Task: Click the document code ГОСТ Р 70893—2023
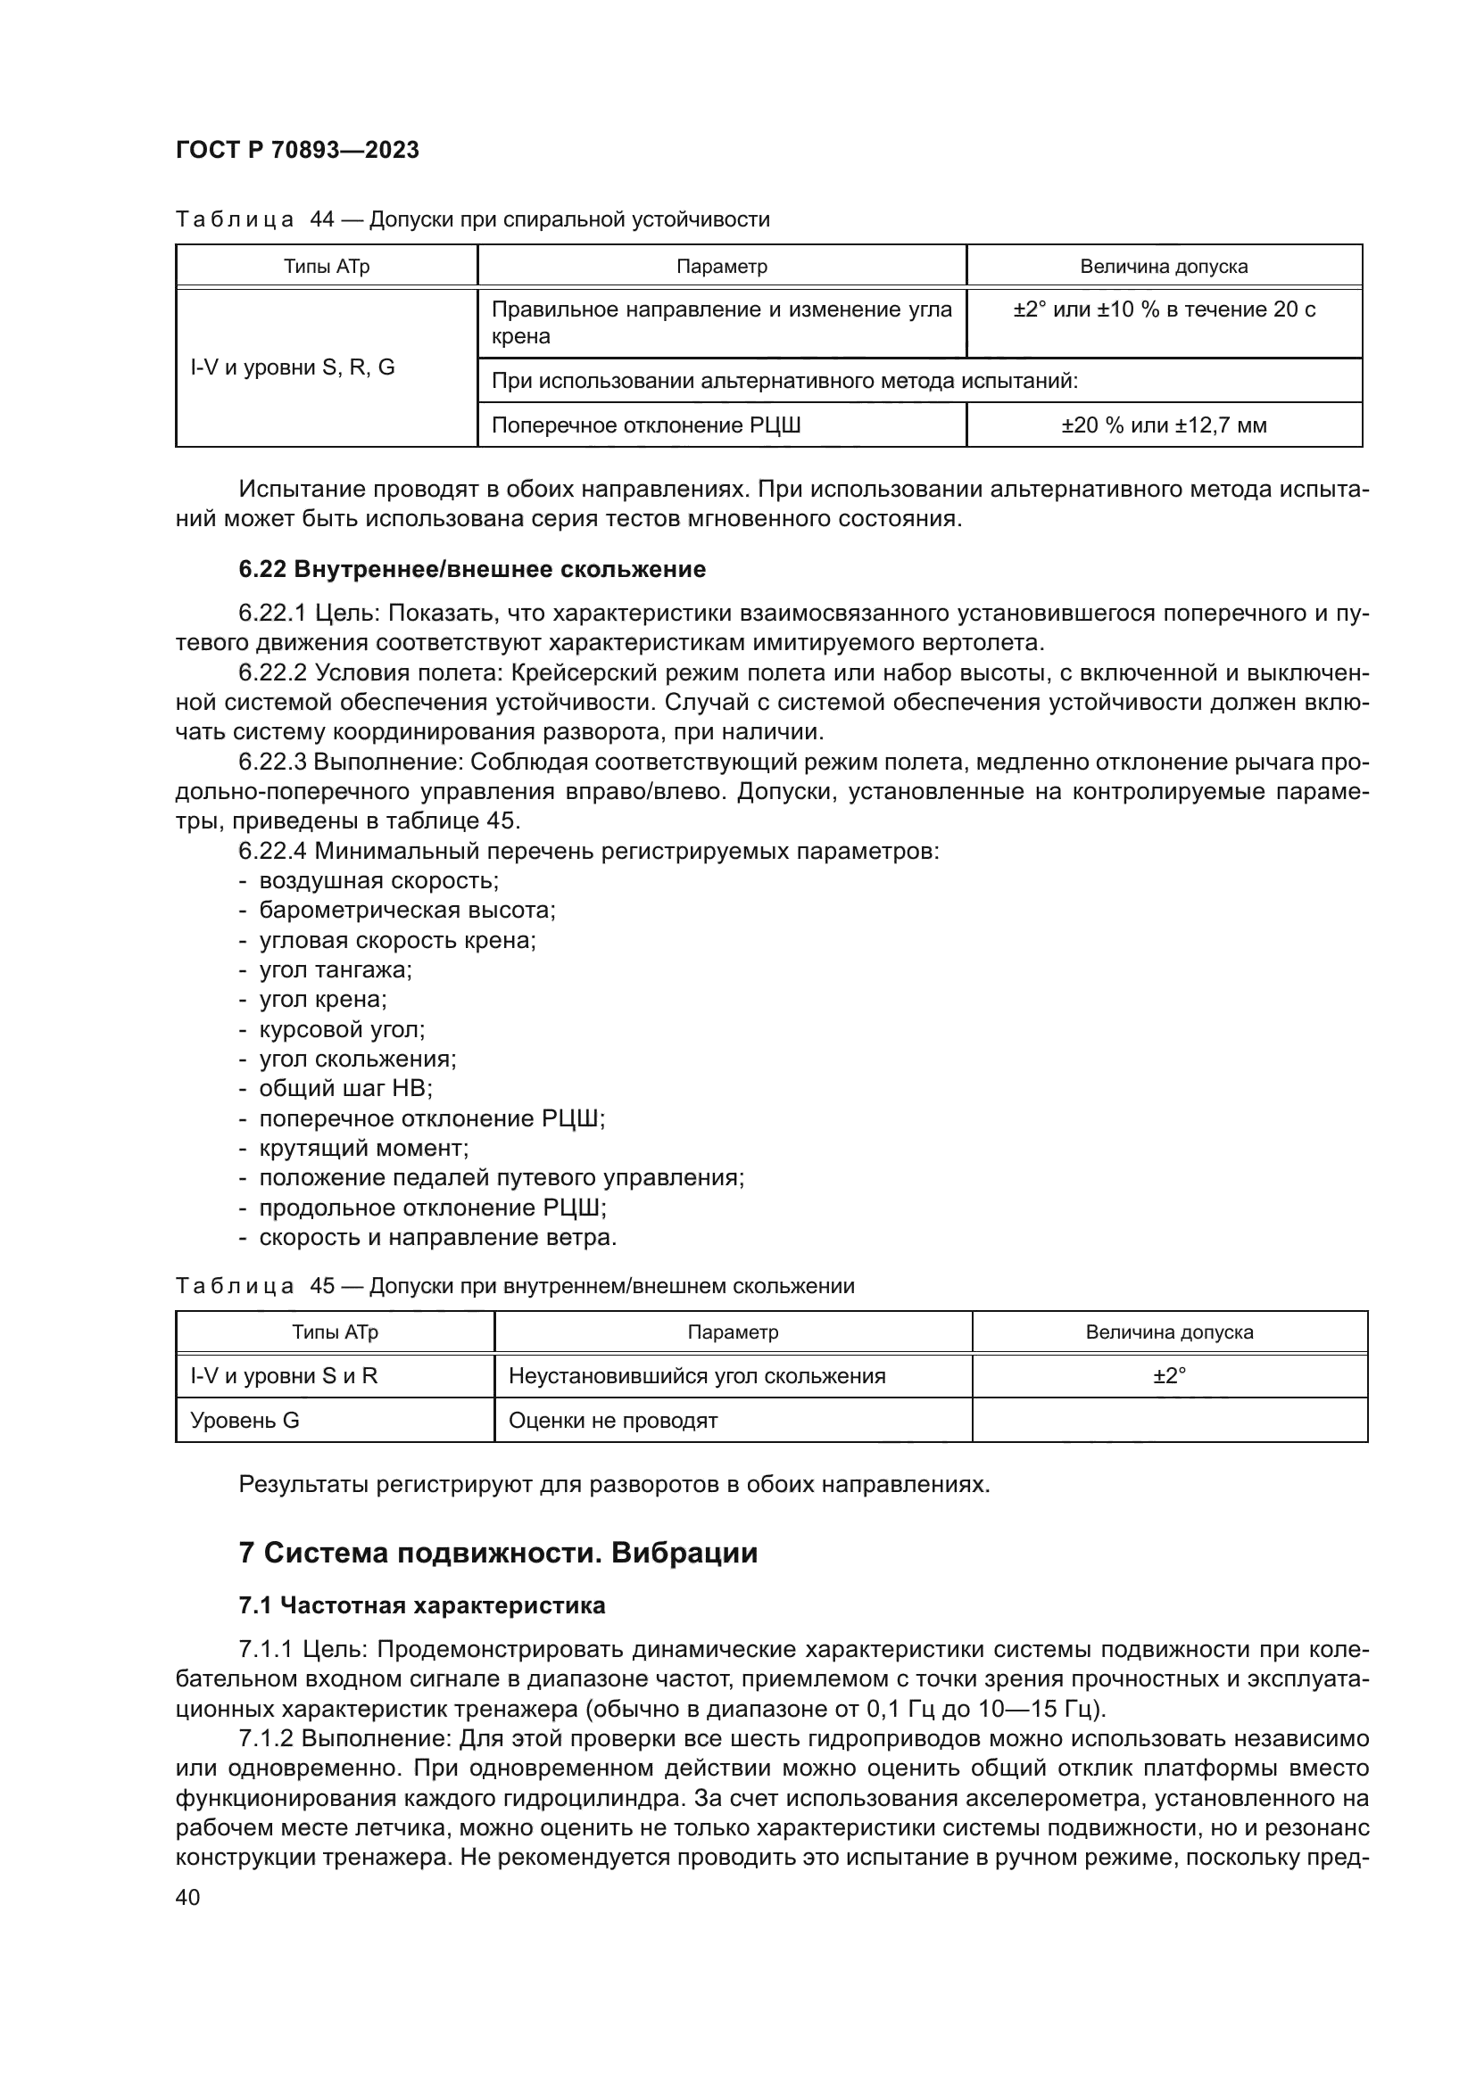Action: click(297, 151)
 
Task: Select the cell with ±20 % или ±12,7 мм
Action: click(1164, 425)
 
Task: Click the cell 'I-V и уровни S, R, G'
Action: click(293, 368)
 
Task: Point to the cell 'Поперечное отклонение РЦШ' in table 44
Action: click(646, 425)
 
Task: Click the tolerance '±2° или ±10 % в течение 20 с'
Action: click(1164, 309)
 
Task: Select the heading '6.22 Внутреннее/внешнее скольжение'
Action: click(472, 570)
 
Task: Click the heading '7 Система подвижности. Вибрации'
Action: click(497, 1553)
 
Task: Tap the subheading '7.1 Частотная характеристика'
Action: click(422, 1605)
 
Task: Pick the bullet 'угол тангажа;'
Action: click(336, 969)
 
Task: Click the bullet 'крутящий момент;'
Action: click(363, 1149)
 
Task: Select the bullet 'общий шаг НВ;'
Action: click(345, 1088)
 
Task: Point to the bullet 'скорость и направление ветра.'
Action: click(438, 1238)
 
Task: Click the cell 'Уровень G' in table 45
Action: click(245, 1420)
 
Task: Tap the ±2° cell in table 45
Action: click(1169, 1375)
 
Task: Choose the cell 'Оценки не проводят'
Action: click(612, 1420)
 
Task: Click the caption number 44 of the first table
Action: click(323, 220)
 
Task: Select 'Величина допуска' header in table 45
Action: click(1169, 1332)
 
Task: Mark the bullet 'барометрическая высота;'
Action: click(407, 910)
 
